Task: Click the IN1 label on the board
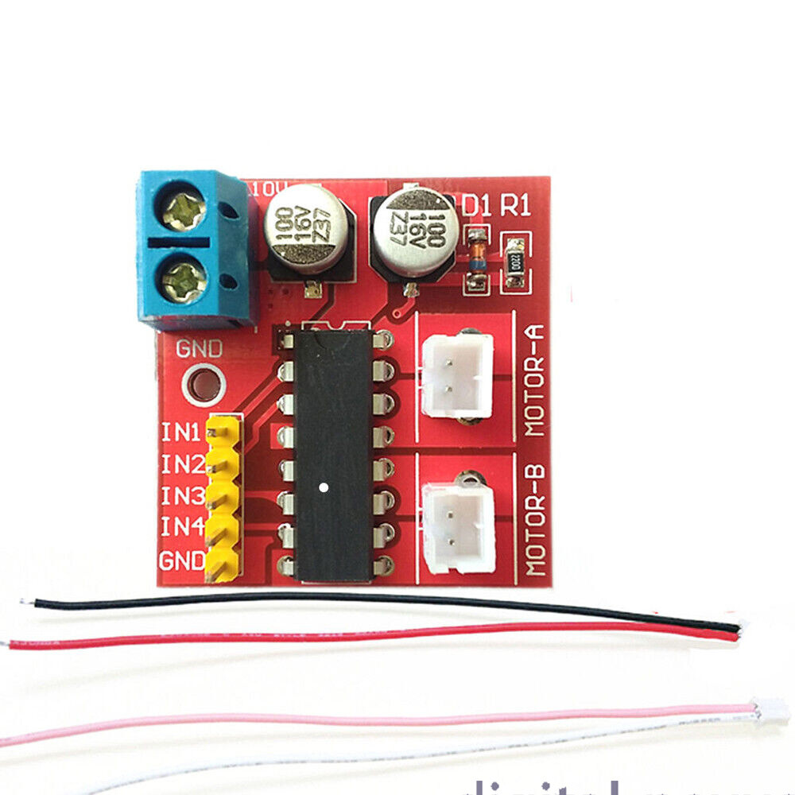click(x=181, y=433)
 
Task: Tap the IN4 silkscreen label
click(x=181, y=526)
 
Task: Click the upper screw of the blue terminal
click(x=185, y=211)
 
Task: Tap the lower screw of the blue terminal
click(x=185, y=280)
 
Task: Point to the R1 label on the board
click(x=515, y=205)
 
